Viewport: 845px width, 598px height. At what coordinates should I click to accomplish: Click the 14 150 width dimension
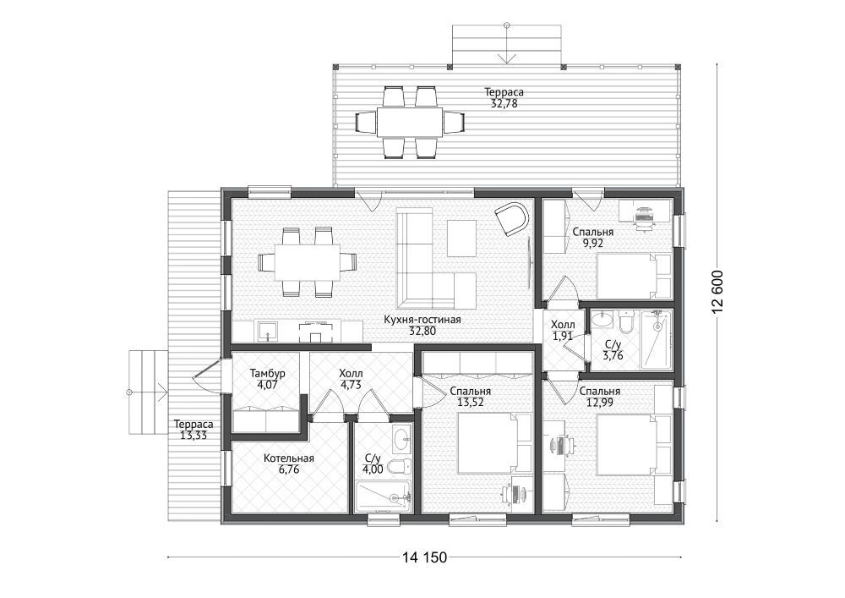(x=424, y=557)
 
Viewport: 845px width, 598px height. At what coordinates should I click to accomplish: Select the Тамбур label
(x=268, y=373)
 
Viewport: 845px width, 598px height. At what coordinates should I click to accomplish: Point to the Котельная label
(x=289, y=458)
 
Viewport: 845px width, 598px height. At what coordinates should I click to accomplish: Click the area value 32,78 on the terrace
(x=504, y=103)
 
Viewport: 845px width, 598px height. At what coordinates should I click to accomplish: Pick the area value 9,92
(x=593, y=243)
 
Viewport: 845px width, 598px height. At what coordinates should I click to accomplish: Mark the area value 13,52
(x=470, y=402)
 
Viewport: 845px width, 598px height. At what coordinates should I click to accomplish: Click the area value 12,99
(x=600, y=402)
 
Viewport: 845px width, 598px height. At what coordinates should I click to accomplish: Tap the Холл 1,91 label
(x=563, y=331)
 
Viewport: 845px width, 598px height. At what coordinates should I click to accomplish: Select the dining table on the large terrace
(x=410, y=123)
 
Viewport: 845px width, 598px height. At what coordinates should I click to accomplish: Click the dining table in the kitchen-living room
(x=308, y=261)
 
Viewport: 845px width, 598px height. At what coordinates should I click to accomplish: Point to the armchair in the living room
(x=512, y=218)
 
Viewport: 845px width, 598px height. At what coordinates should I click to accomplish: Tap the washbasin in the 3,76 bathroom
(x=602, y=321)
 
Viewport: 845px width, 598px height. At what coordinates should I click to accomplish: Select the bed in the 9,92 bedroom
(x=634, y=276)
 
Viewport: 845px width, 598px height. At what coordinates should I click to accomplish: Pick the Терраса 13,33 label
(x=194, y=431)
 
